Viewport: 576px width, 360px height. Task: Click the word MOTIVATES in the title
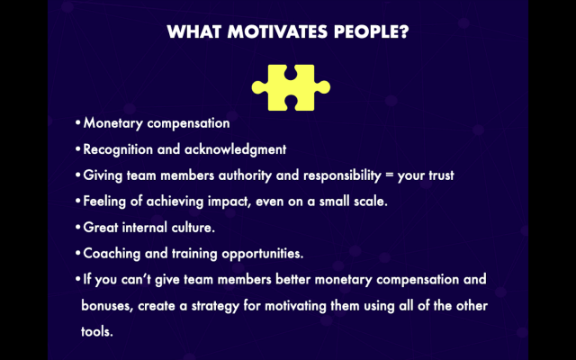277,31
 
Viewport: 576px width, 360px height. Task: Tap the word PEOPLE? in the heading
372,31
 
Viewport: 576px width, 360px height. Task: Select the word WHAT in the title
194,31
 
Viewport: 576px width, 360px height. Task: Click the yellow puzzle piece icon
291,87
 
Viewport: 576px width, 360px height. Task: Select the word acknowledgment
235,149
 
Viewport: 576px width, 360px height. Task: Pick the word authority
245,175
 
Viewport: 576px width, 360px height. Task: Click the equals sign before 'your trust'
389,175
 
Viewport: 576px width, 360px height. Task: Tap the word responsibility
342,175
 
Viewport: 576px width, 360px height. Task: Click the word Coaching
112,254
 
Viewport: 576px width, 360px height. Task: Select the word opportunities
263,254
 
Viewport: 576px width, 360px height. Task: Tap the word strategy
215,306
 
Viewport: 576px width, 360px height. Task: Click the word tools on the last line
97,332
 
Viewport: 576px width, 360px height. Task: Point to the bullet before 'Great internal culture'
78,227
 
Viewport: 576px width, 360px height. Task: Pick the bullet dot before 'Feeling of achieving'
78,201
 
